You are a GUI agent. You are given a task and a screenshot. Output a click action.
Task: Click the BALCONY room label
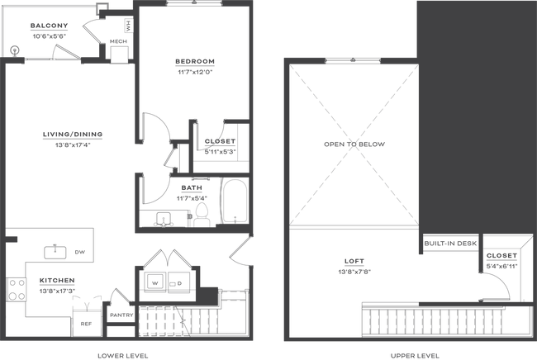[49, 26]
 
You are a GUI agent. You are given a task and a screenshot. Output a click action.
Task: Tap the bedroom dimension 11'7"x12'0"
[195, 72]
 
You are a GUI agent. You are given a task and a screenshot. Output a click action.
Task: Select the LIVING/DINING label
[73, 135]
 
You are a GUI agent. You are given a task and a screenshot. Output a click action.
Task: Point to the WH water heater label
[128, 26]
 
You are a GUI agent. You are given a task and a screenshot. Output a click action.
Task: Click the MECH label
[118, 41]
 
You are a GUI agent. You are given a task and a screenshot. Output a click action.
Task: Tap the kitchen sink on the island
[55, 252]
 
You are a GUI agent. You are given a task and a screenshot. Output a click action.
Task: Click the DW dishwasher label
[80, 252]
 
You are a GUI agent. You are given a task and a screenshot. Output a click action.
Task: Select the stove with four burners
[17, 290]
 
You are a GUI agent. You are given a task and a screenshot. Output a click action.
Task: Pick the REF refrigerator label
[86, 324]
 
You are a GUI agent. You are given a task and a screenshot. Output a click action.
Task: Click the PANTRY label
[121, 315]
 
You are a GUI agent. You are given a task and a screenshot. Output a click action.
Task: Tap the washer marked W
[155, 282]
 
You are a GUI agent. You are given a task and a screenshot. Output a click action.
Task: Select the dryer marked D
[178, 282]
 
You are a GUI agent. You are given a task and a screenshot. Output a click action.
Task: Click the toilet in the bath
[202, 215]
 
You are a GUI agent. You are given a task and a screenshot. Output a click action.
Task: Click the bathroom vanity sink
[164, 219]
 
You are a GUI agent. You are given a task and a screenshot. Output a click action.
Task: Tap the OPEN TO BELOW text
[354, 144]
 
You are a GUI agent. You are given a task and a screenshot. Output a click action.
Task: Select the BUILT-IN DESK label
[450, 244]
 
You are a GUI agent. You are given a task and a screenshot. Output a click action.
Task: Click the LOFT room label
[354, 262]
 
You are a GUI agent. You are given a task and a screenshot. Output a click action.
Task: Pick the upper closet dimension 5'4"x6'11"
[501, 266]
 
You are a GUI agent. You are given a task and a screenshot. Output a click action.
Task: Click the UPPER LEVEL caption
[415, 356]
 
